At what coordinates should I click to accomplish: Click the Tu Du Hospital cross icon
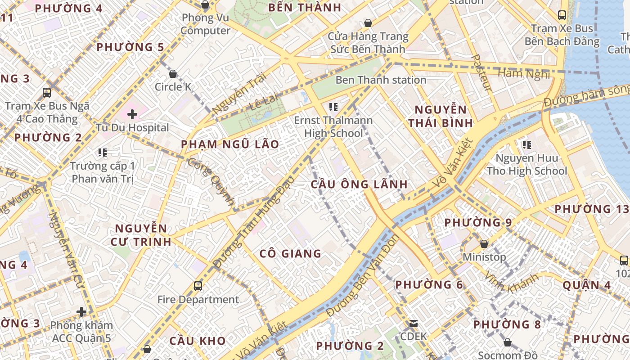[x=132, y=114]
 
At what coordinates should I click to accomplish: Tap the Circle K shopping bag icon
[x=173, y=74]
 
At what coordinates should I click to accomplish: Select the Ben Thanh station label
[x=381, y=80]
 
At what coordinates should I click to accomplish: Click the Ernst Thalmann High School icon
[x=333, y=107]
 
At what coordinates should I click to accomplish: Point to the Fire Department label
[x=198, y=299]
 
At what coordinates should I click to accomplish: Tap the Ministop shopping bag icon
[x=484, y=244]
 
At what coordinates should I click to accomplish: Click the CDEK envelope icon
[x=413, y=324]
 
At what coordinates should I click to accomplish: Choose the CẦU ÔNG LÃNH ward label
[x=359, y=184]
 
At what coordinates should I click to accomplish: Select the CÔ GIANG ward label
[x=290, y=254]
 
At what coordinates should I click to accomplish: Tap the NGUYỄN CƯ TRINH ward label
[x=141, y=235]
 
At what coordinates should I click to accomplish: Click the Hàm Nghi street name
[x=524, y=73]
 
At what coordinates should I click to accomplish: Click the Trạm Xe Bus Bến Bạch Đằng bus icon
[x=562, y=15]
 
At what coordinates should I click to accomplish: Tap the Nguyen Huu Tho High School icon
[x=526, y=145]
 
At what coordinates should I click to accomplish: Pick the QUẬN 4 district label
[x=586, y=285]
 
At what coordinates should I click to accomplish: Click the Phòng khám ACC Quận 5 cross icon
[x=81, y=311]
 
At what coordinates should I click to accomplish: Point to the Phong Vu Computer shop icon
[x=205, y=5]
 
